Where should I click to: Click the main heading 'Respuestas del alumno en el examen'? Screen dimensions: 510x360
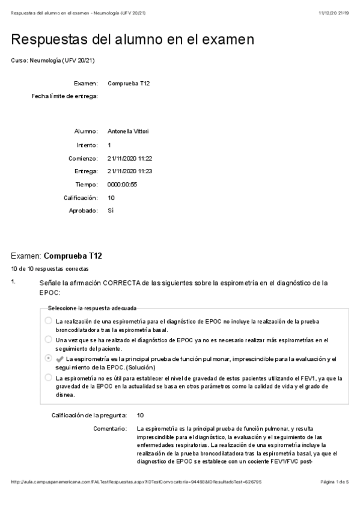[133, 40]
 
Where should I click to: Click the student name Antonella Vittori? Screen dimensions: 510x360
[128, 131]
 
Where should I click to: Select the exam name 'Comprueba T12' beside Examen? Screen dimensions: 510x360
[129, 83]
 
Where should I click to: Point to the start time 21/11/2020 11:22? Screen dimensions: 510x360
[129, 158]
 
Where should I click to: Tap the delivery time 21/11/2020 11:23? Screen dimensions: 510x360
[129, 171]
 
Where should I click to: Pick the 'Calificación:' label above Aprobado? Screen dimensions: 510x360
[81, 198]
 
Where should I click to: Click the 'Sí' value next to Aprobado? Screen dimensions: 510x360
[111, 211]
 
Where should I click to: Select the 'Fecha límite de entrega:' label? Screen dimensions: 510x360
[65, 96]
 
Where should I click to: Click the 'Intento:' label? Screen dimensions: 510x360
[87, 145]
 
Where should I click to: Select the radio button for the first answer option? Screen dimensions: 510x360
[49, 321]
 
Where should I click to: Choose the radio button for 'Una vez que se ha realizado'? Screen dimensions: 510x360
[49, 340]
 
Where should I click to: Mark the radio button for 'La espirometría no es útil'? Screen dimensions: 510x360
[49, 378]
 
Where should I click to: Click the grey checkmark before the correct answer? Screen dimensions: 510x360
[59, 359]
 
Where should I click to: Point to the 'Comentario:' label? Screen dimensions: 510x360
[111, 429]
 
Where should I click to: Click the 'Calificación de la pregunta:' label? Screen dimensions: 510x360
[89, 415]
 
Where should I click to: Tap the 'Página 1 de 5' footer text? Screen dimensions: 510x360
[335, 482]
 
